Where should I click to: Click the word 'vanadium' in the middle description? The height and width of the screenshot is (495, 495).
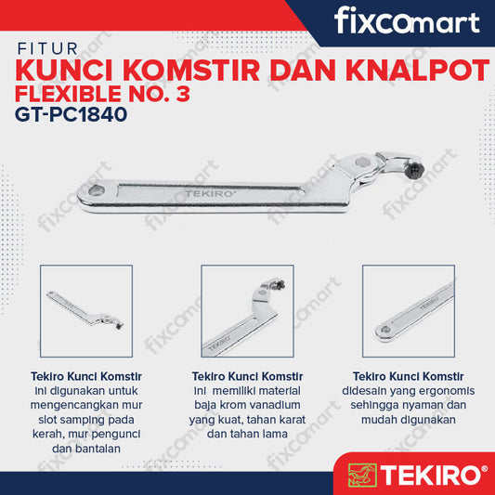[x=282, y=404]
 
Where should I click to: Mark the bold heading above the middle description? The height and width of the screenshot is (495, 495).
[x=247, y=376]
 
